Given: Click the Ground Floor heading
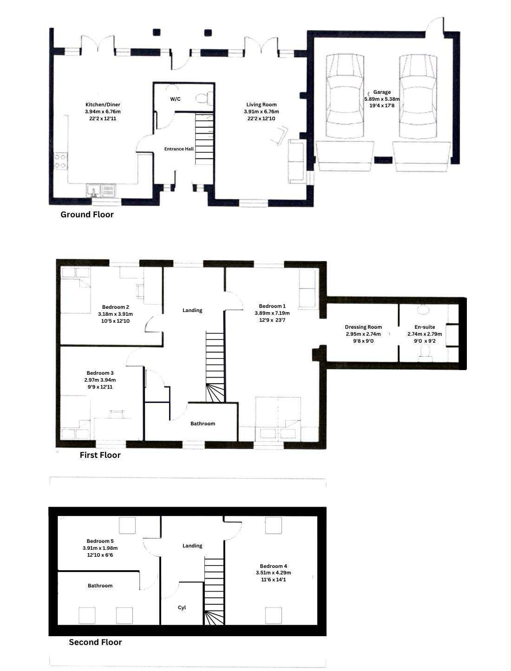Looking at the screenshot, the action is click(x=87, y=214).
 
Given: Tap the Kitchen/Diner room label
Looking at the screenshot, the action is click(x=103, y=104).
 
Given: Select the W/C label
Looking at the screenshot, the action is click(x=175, y=99).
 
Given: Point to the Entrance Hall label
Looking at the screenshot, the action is click(x=179, y=149).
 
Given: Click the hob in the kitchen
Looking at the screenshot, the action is click(x=60, y=162).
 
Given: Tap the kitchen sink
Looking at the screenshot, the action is click(x=101, y=191).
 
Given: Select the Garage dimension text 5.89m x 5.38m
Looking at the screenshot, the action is click(x=382, y=99).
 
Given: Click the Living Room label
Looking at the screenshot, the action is click(x=262, y=104).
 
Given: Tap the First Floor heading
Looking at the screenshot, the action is click(x=100, y=455).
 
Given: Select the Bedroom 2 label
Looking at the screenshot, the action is click(x=115, y=307).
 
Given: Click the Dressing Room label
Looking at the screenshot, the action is click(x=363, y=327).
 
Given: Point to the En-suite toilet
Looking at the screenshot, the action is click(x=426, y=352).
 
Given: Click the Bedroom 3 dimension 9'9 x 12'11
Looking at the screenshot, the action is click(x=100, y=387).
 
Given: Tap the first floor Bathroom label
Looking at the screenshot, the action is click(x=203, y=423).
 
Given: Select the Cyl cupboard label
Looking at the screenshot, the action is click(x=182, y=607).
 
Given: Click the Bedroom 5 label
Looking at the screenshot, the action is click(x=100, y=541).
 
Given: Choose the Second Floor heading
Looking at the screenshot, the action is click(x=95, y=642).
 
